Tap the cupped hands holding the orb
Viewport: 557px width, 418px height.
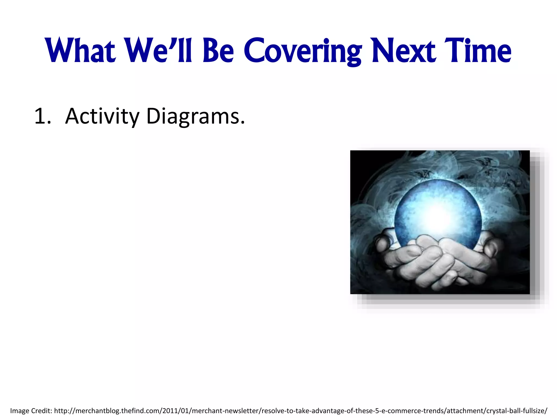[x=435, y=261]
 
